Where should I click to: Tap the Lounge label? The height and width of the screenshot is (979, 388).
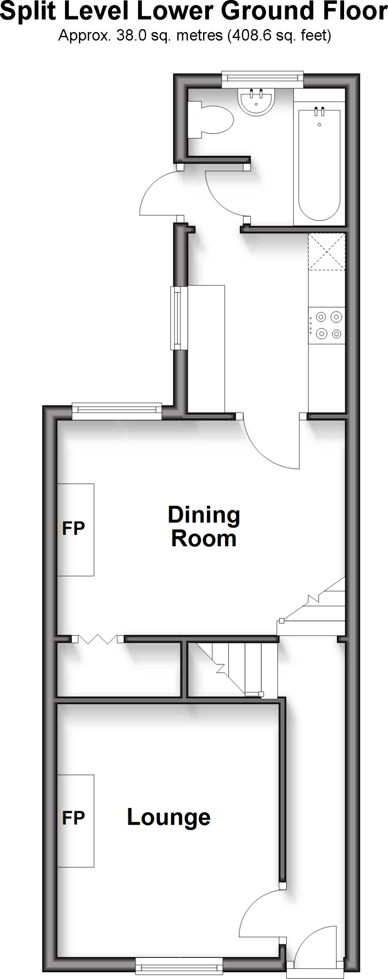click(168, 817)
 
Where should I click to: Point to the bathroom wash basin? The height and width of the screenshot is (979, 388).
click(256, 102)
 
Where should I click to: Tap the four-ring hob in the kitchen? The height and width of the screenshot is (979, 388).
click(327, 325)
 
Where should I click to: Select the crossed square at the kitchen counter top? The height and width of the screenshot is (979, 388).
click(326, 251)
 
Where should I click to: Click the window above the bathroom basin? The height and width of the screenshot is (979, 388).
click(263, 79)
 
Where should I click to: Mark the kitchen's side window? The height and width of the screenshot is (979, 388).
click(179, 317)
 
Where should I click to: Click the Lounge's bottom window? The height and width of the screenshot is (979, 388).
click(179, 968)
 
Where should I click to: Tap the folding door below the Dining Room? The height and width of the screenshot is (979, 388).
click(97, 639)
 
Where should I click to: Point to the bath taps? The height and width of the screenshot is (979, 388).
click(320, 112)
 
